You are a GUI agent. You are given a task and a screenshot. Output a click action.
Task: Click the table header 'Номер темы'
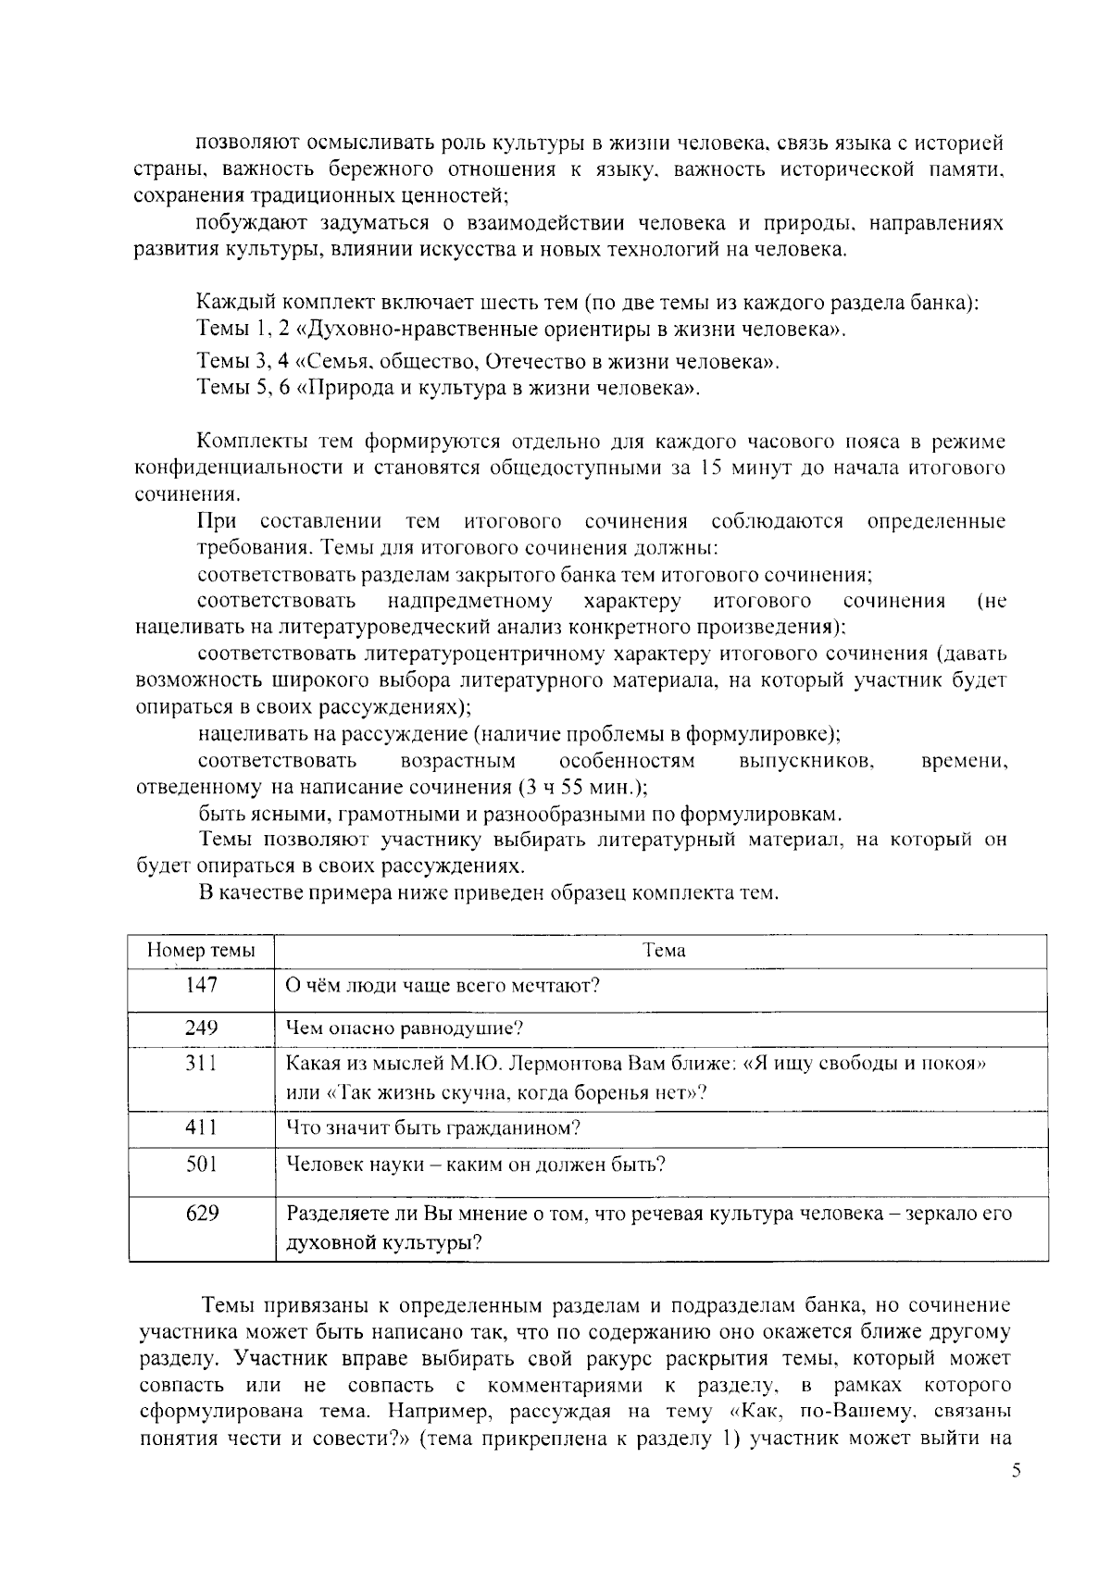pyautogui.click(x=201, y=951)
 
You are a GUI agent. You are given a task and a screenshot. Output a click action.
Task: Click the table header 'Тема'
pyautogui.click(x=663, y=951)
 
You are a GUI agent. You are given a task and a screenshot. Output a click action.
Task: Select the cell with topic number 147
pyautogui.click(x=201, y=985)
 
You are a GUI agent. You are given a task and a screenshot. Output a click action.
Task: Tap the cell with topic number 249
pyautogui.click(x=201, y=1028)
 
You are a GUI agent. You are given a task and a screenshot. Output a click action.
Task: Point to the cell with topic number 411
pyautogui.click(x=201, y=1128)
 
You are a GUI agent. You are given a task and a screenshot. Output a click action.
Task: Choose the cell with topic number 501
pyautogui.click(x=201, y=1164)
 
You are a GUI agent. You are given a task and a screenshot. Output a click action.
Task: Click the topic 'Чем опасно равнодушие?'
pyautogui.click(x=405, y=1028)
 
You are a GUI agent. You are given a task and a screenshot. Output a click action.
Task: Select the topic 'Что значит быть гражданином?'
pyautogui.click(x=432, y=1128)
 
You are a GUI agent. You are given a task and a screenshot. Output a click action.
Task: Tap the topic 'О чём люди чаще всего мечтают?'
pyautogui.click(x=443, y=985)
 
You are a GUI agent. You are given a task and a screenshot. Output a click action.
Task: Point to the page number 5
pyautogui.click(x=1015, y=1471)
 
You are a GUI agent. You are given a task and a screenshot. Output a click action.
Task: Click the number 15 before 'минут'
pyautogui.click(x=711, y=467)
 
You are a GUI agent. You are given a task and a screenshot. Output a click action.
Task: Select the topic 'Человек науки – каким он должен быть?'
pyautogui.click(x=475, y=1164)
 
